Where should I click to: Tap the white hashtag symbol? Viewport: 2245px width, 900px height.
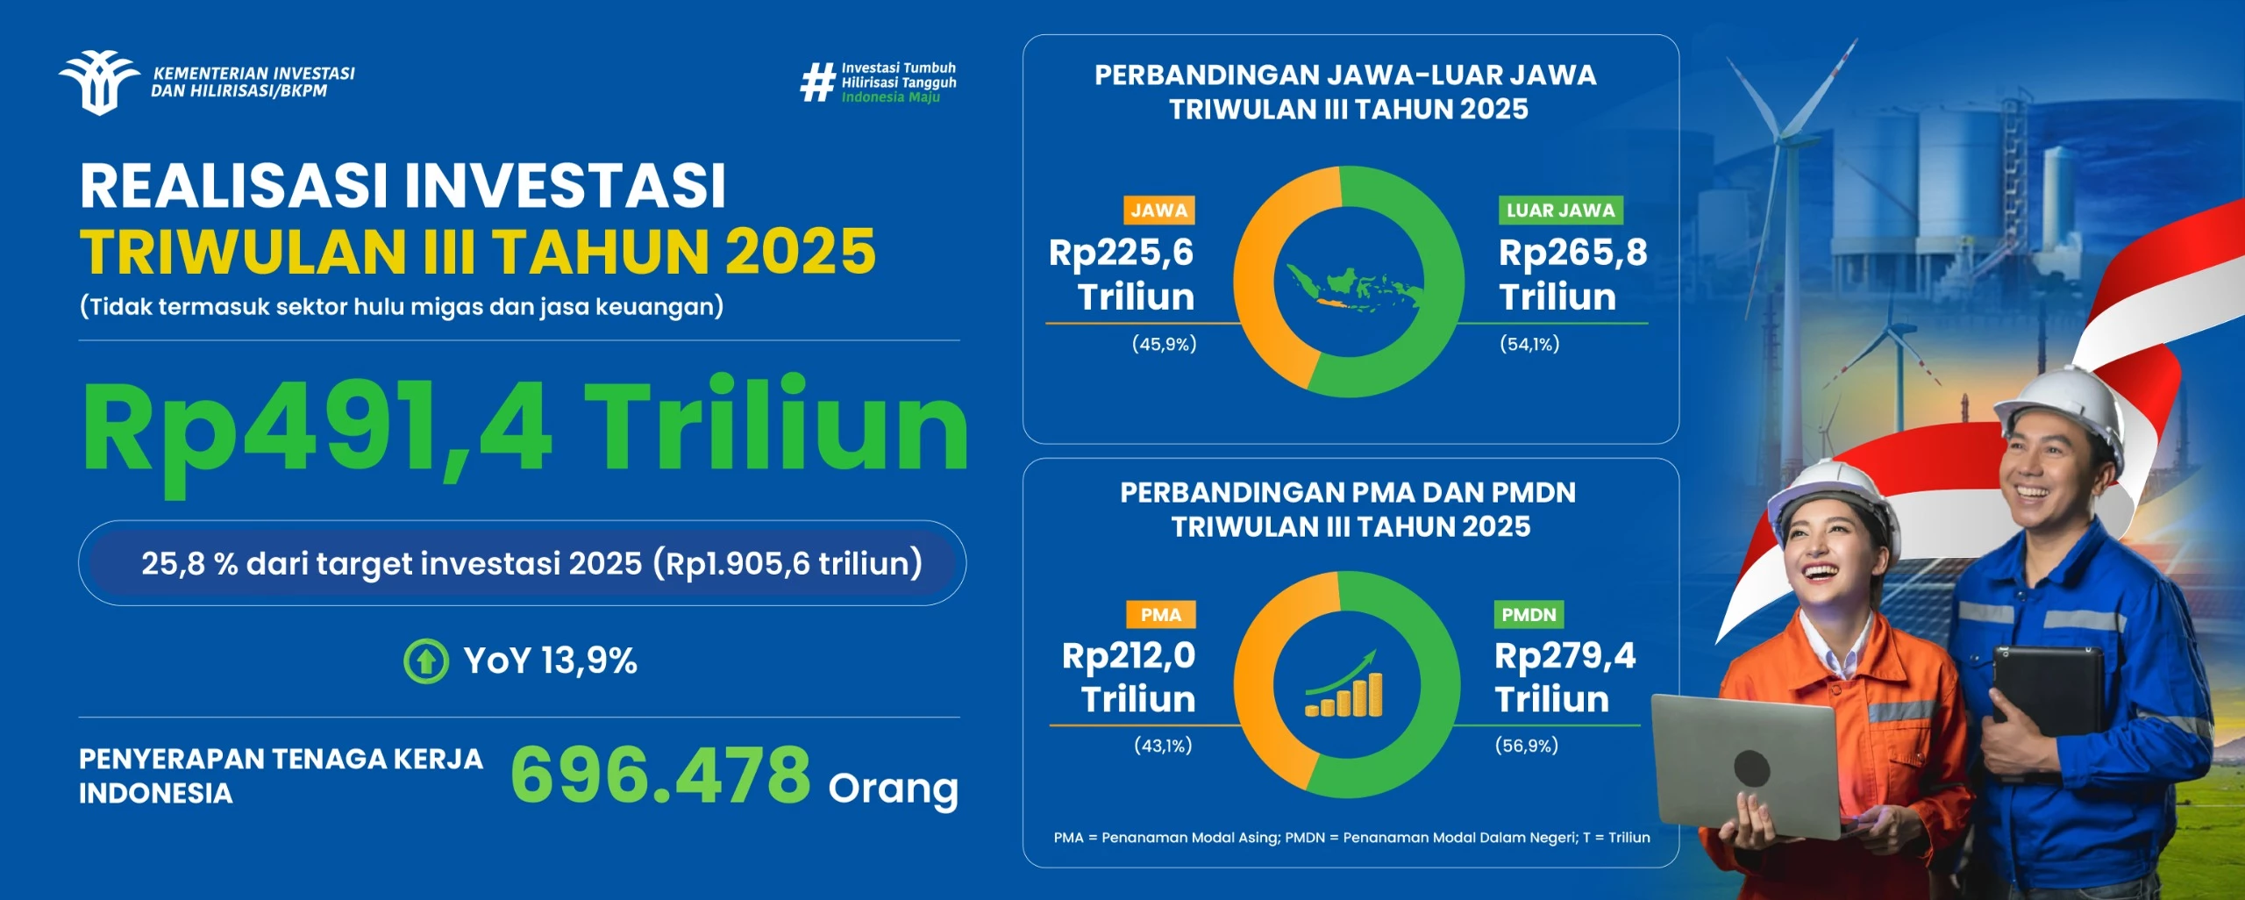(817, 82)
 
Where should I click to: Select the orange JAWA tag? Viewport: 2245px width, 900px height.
(1158, 211)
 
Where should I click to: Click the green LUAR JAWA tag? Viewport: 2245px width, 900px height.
(1560, 211)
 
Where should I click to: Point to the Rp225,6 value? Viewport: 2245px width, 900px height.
(1121, 254)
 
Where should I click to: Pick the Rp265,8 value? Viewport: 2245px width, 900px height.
(1572, 254)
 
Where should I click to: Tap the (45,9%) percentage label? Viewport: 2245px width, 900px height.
(1164, 344)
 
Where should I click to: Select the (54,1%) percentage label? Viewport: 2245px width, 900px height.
(1529, 344)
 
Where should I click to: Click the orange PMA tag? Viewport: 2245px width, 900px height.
(1160, 615)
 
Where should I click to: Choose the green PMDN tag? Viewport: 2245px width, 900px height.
(1529, 615)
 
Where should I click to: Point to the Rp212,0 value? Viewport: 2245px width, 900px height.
(1128, 656)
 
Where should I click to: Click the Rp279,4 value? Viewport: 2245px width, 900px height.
(1564, 656)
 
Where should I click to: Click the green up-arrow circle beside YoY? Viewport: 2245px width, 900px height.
(426, 661)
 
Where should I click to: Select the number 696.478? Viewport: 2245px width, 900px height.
(660, 775)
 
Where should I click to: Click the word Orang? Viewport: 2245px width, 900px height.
(893, 788)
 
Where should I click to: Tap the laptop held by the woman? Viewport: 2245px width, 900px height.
(1745, 763)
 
